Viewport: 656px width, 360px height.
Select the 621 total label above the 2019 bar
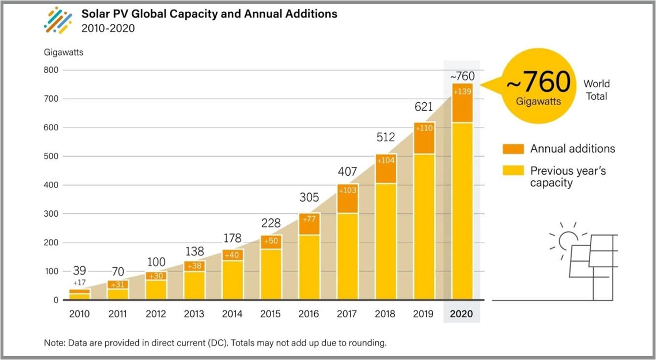[x=423, y=107]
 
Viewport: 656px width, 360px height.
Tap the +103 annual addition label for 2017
[x=347, y=191]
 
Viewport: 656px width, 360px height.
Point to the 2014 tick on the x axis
[x=232, y=314]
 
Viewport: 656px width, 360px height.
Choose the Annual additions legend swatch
[x=512, y=149]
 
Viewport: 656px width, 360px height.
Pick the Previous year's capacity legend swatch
[x=512, y=171]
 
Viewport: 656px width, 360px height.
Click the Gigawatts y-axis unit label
[x=64, y=52]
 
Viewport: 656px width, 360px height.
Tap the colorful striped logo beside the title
[x=58, y=20]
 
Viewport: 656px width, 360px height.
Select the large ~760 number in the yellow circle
[x=538, y=82]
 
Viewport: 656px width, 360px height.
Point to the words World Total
[x=596, y=90]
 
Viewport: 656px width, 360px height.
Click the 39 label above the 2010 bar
[x=80, y=271]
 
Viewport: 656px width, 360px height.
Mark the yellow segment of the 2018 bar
[x=385, y=241]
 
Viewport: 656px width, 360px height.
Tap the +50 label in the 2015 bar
[x=271, y=241]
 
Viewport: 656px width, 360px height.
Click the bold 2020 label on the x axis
[x=461, y=314]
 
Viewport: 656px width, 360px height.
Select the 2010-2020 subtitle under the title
[x=108, y=29]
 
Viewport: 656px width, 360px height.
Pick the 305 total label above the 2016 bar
[x=309, y=198]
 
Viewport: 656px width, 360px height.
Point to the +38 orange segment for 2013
[x=194, y=266]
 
